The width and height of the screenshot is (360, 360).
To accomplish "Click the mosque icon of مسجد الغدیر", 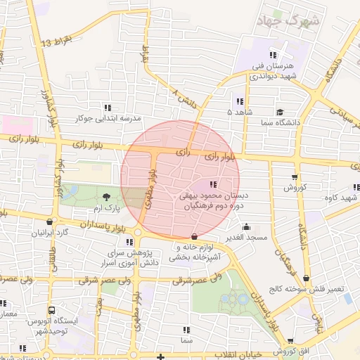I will [246, 226].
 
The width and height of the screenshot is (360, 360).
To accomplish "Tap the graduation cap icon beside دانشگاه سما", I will [280, 112].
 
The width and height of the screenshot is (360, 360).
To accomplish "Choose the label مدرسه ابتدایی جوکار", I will [108, 119].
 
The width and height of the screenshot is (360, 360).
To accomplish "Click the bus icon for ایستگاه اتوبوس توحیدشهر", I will [51, 310].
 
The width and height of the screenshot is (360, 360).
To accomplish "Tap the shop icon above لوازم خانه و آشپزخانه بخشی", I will [195, 236].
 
